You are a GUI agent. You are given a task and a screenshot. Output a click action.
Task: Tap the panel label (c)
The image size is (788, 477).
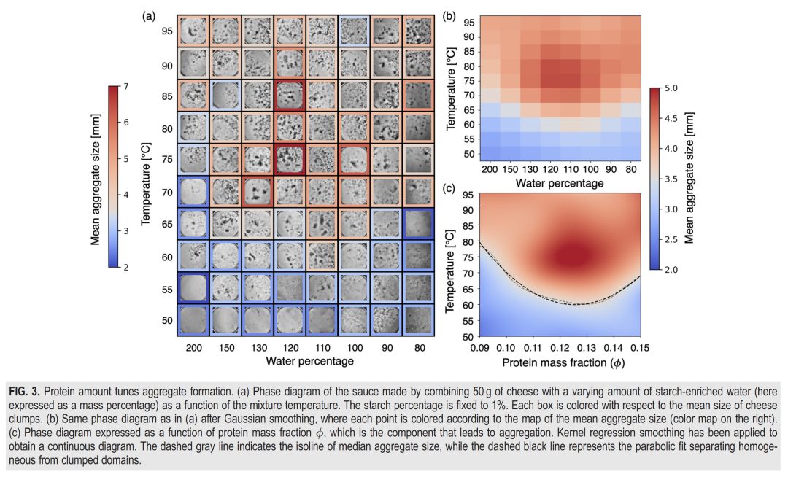(451, 188)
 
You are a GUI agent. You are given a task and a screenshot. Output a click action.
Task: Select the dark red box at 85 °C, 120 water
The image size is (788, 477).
(290, 95)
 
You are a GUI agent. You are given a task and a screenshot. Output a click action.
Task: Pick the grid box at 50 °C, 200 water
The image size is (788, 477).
(193, 320)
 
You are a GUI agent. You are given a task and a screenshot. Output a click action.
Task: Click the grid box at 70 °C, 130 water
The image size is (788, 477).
(258, 192)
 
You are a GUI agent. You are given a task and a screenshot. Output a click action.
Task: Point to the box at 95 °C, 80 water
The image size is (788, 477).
(418, 31)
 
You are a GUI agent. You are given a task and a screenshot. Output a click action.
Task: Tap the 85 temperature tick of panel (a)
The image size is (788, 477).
(168, 95)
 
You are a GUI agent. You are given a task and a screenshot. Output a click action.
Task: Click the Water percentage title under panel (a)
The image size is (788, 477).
(310, 360)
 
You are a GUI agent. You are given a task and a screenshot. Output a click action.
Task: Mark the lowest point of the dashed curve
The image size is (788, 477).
(578, 304)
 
